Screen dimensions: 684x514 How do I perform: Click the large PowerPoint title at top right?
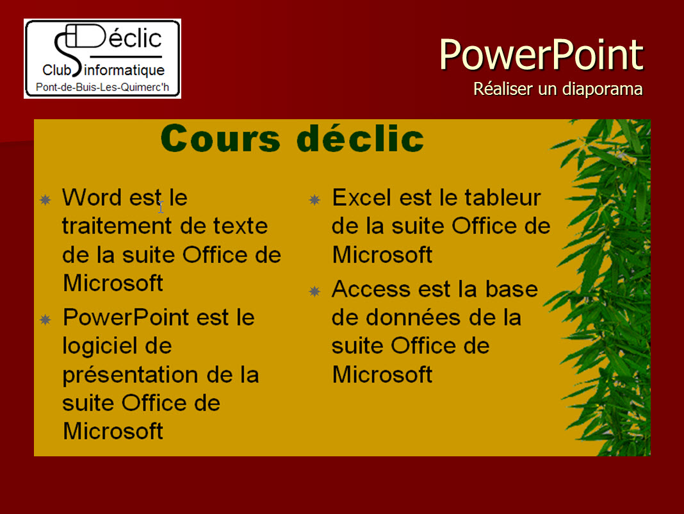[x=541, y=54]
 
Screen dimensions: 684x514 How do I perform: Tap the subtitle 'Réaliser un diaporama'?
[x=558, y=88]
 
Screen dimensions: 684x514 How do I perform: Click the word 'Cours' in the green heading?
[x=220, y=138]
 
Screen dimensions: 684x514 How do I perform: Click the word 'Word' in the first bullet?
[x=92, y=197]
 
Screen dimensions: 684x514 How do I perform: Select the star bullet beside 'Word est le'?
[x=45, y=200]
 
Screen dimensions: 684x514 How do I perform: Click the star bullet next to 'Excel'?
[x=314, y=200]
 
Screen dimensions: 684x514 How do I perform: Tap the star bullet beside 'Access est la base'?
[x=314, y=291]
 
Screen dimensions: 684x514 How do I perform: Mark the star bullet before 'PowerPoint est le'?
[x=45, y=320]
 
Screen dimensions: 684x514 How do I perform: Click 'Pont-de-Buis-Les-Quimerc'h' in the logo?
[x=102, y=87]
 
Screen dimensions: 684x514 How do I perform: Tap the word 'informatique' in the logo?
[x=124, y=70]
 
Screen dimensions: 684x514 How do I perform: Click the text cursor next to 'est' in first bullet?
[x=161, y=207]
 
